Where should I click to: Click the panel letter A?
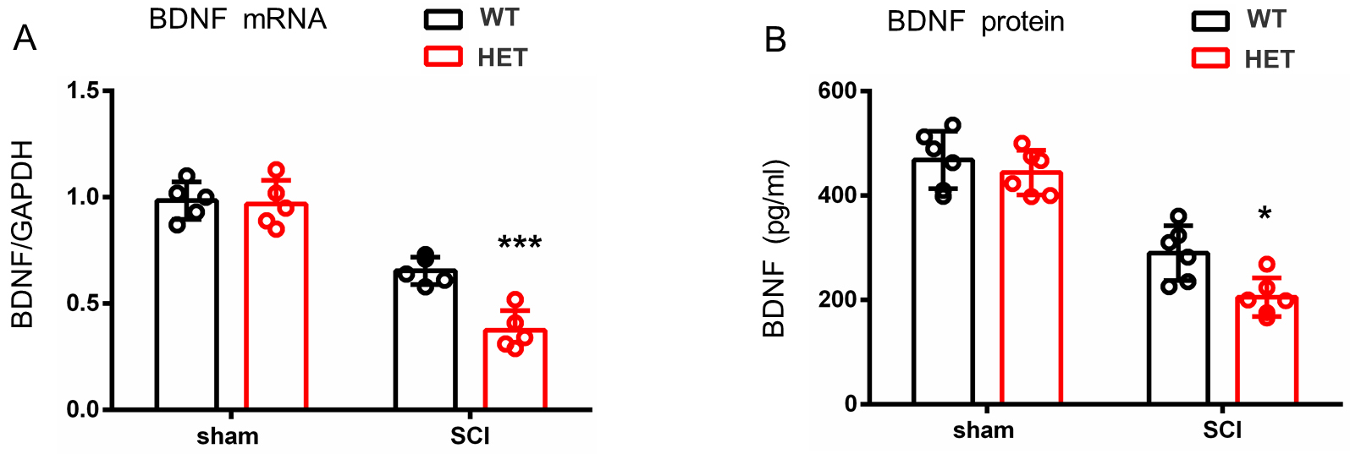coord(25,37)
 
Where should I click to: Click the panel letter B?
coord(775,40)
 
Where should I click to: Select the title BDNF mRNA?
coord(237,19)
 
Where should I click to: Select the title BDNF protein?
coord(975,21)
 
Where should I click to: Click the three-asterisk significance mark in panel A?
coord(520,243)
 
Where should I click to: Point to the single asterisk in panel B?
coord(1265,214)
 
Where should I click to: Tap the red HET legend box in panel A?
coord(443,57)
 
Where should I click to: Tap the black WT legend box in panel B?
coord(1210,19)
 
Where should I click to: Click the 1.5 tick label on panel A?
coord(84,90)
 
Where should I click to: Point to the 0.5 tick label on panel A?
coord(84,304)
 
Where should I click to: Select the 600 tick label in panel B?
coord(837,90)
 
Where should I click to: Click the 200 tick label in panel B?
coord(837,300)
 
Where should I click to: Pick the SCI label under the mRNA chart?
coord(470,436)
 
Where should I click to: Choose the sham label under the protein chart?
coord(983,430)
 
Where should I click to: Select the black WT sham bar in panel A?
coord(186,304)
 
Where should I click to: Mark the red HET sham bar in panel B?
coord(1031,287)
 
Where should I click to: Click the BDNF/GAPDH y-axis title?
coord(23,234)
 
